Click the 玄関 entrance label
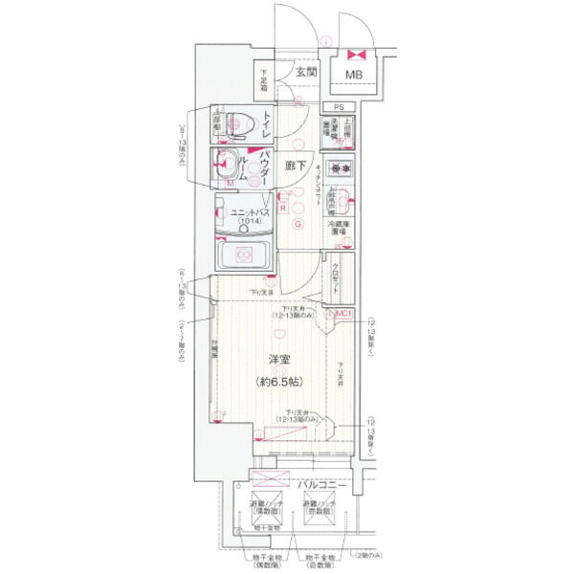pos(305,73)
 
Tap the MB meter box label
pos(354,75)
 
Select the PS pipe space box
pos(338,108)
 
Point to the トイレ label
pos(267,123)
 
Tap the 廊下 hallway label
pos(298,166)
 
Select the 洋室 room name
pos(279,360)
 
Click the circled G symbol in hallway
pos(298,225)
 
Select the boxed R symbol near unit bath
pos(284,201)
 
